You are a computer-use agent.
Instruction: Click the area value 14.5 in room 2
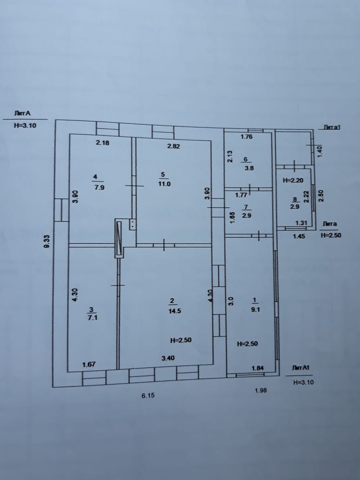pyautogui.click(x=174, y=311)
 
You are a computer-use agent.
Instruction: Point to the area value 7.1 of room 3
pyautogui.click(x=91, y=318)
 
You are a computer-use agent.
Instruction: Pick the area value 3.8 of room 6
pyautogui.click(x=249, y=168)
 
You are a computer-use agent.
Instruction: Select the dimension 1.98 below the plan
pyautogui.click(x=261, y=390)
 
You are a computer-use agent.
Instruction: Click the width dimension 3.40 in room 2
pyautogui.click(x=168, y=358)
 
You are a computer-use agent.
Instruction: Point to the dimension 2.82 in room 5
pyautogui.click(x=173, y=146)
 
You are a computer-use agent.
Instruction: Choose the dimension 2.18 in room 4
pyautogui.click(x=102, y=143)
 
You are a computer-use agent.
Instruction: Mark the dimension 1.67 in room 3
pyautogui.click(x=89, y=364)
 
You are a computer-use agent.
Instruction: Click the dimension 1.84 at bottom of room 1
pyautogui.click(x=258, y=368)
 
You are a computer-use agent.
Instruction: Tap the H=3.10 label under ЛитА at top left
pyautogui.click(x=25, y=125)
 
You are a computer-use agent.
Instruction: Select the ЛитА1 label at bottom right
pyautogui.click(x=301, y=368)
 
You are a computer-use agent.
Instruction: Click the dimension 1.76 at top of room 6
pyautogui.click(x=247, y=137)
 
